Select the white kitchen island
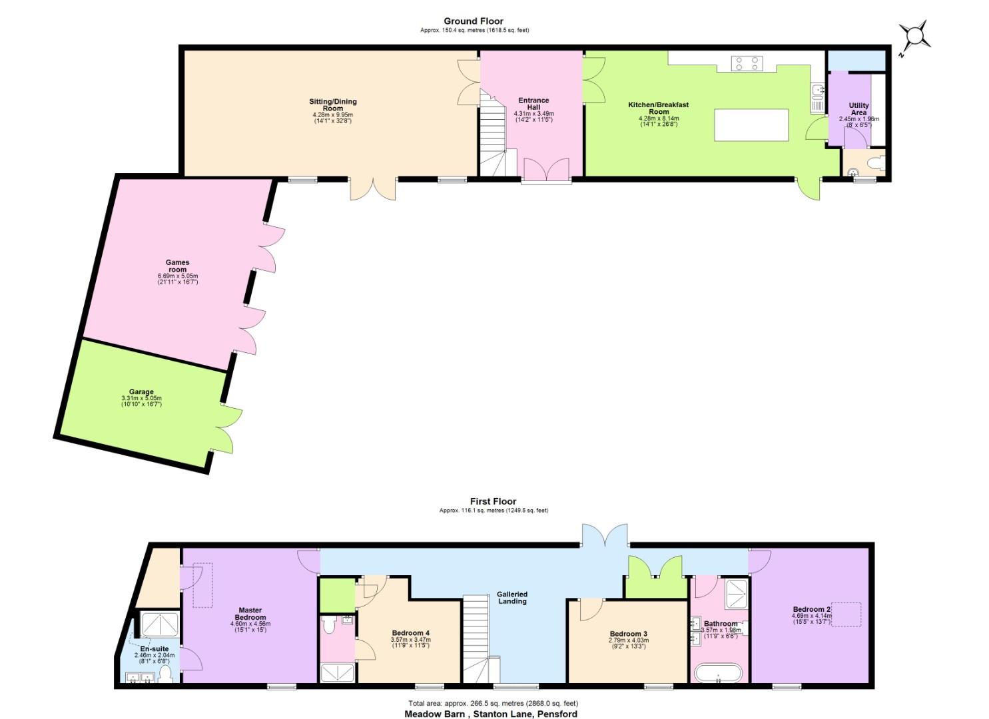(x=751, y=125)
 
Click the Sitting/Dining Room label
(x=333, y=105)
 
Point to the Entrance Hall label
(x=534, y=104)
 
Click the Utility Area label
(x=858, y=109)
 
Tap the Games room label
(x=178, y=266)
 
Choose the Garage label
(x=141, y=391)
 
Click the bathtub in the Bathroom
(x=719, y=672)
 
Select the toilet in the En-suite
(x=165, y=674)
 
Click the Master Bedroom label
(x=250, y=614)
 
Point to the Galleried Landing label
(x=512, y=598)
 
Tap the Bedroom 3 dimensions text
(x=629, y=643)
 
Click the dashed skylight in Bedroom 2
(x=846, y=614)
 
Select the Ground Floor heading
(x=474, y=21)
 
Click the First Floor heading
(x=494, y=501)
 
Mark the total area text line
(x=494, y=703)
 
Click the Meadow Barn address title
(x=491, y=714)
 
